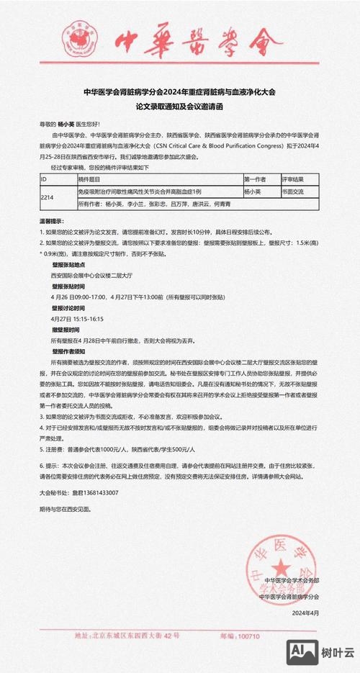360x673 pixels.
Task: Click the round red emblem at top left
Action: (80, 36)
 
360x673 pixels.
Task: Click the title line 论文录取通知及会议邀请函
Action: (179, 105)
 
